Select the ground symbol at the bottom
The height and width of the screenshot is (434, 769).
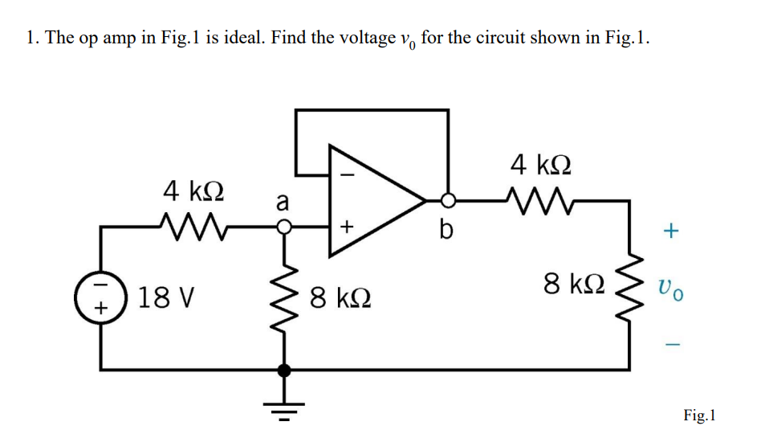[283, 402]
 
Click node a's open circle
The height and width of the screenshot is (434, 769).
[283, 227]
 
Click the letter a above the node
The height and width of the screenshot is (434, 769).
[282, 202]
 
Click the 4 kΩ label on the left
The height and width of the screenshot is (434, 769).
[193, 191]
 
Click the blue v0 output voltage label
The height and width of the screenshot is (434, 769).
[671, 287]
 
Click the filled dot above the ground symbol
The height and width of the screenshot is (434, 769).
[283, 371]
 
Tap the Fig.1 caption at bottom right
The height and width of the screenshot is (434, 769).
[699, 415]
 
